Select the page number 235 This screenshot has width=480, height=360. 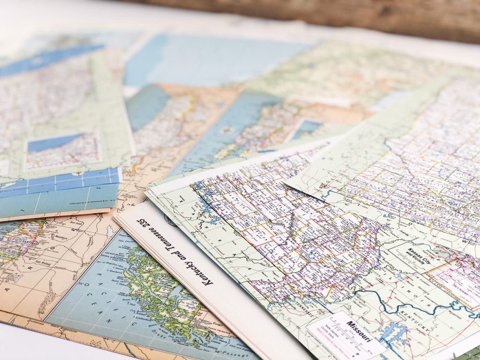(142, 223)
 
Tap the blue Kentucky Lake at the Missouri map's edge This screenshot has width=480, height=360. (392, 333)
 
